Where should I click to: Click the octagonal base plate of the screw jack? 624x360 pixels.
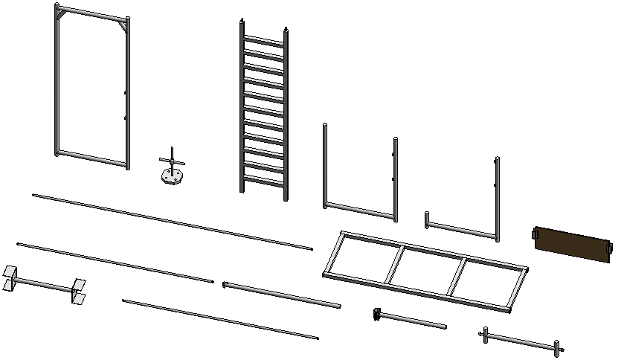172,178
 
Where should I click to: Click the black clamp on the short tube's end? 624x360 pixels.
377,314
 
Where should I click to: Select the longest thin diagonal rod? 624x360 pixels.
172,221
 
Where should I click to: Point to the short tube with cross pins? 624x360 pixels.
521,341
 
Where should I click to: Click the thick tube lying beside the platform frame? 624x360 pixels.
282,295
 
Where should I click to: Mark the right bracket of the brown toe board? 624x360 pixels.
610,248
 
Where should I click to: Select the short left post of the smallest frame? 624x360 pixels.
427,220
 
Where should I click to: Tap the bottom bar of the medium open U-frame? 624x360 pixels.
360,211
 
